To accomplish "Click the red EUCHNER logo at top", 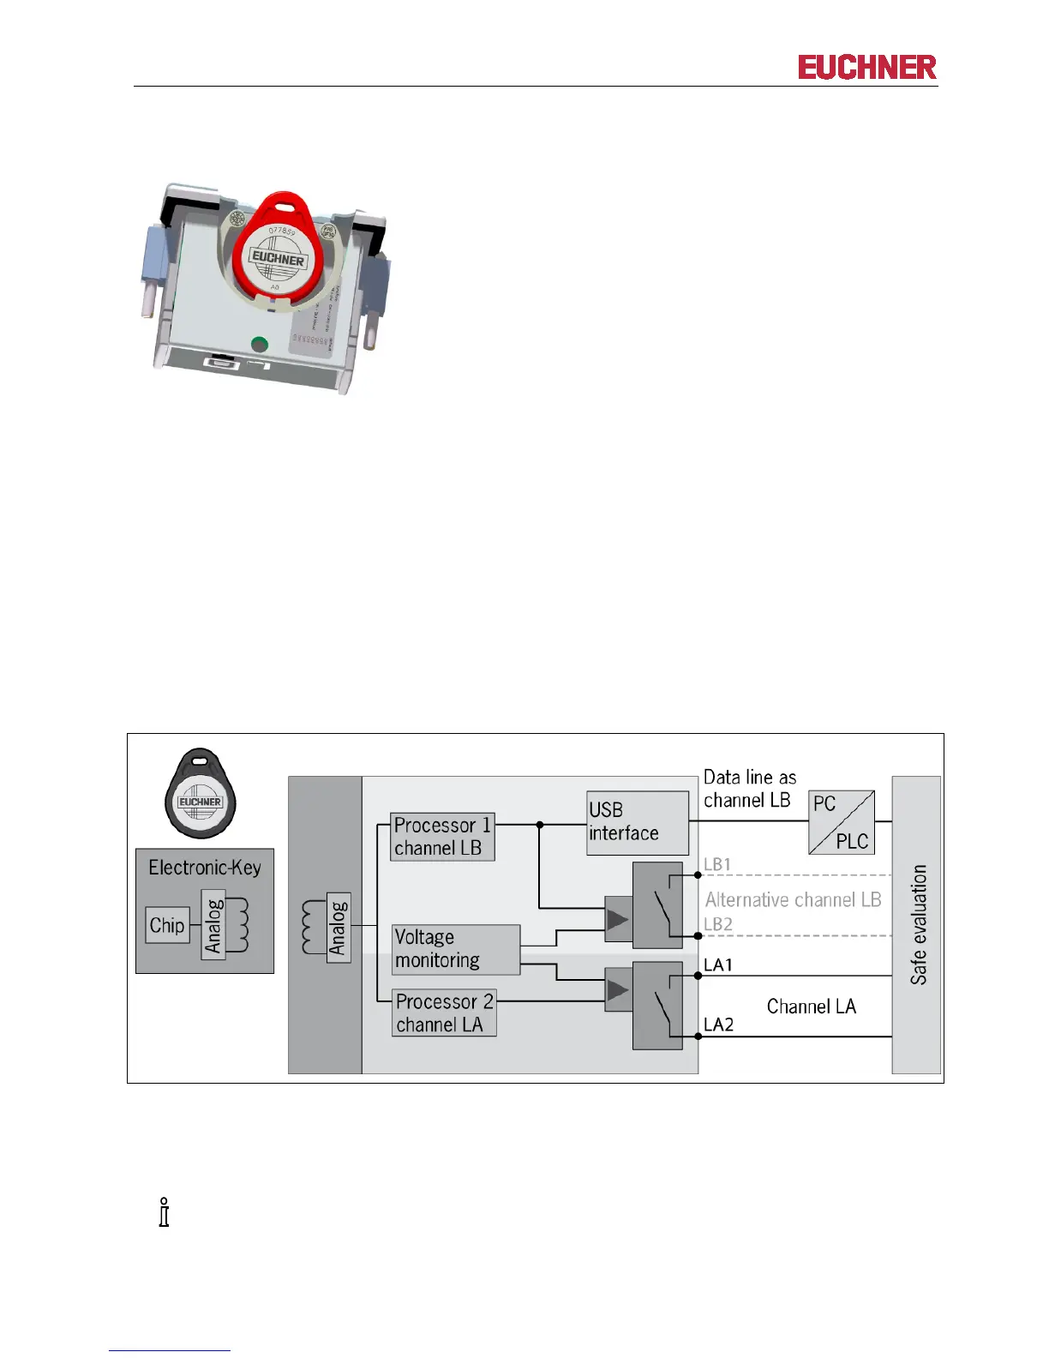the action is [x=866, y=68].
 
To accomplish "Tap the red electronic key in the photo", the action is [x=276, y=253].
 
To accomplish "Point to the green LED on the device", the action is [x=259, y=345].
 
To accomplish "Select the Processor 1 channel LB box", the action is [x=442, y=837].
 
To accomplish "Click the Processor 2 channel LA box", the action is [x=444, y=1012].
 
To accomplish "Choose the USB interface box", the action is [x=637, y=822].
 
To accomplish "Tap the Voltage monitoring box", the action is [x=456, y=949].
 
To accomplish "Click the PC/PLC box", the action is [x=841, y=822].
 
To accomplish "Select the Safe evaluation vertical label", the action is [x=918, y=924].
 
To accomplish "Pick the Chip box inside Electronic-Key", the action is [x=167, y=925].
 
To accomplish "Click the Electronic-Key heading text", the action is [x=205, y=868].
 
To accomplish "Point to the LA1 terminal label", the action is [x=718, y=965].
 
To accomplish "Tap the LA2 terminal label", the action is [x=719, y=1025].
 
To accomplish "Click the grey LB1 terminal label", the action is [x=717, y=864].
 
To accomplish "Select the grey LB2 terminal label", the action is [x=718, y=924].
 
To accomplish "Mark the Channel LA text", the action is [x=811, y=1006].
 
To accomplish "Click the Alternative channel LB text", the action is [x=793, y=899].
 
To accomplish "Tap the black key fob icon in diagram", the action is [x=200, y=793].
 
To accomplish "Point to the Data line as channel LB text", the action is [x=750, y=789].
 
